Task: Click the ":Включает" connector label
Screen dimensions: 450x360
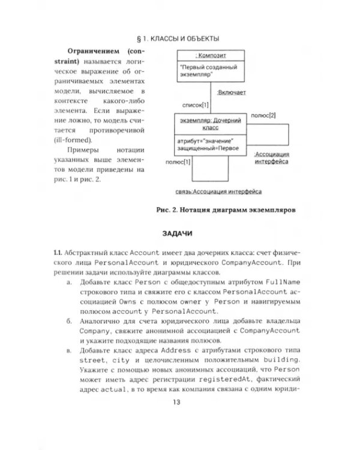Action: click(x=231, y=93)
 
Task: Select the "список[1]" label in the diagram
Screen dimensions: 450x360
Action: click(x=196, y=105)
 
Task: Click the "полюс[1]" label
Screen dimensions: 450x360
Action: click(x=178, y=161)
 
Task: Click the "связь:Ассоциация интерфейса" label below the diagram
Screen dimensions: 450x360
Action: click(x=218, y=192)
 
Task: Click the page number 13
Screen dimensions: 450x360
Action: click(x=180, y=402)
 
